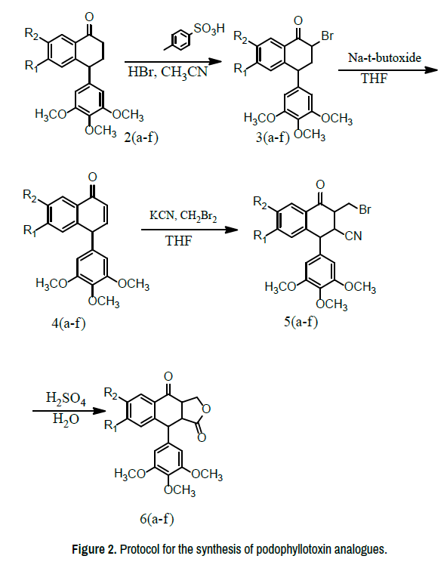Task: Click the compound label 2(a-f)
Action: point(141,137)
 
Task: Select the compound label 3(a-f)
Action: point(273,137)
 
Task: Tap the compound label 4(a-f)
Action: point(69,323)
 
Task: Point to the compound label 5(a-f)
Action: point(301,322)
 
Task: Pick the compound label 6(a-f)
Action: point(157,519)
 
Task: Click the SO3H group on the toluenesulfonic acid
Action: point(209,28)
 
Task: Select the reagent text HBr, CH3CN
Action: point(168,73)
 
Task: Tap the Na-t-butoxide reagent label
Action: point(384,57)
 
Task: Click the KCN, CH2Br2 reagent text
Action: point(183,216)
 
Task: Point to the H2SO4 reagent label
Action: point(66,398)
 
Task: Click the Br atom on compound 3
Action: point(328,36)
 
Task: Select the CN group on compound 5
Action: point(354,236)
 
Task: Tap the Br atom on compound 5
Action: point(365,209)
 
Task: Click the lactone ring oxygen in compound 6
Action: point(206,408)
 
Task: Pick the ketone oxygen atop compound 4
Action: point(92,177)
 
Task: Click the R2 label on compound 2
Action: point(31,33)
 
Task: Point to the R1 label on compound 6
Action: point(111,425)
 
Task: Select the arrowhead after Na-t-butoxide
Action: point(431,69)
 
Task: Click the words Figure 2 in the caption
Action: point(94,549)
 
